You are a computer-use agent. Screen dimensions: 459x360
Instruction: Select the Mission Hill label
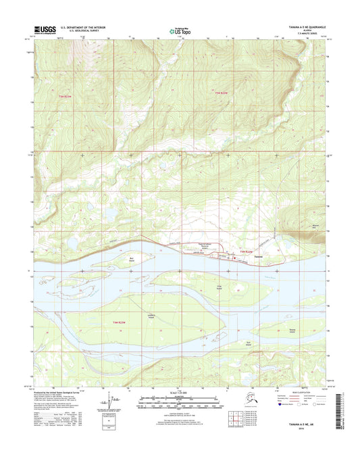[313, 226]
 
